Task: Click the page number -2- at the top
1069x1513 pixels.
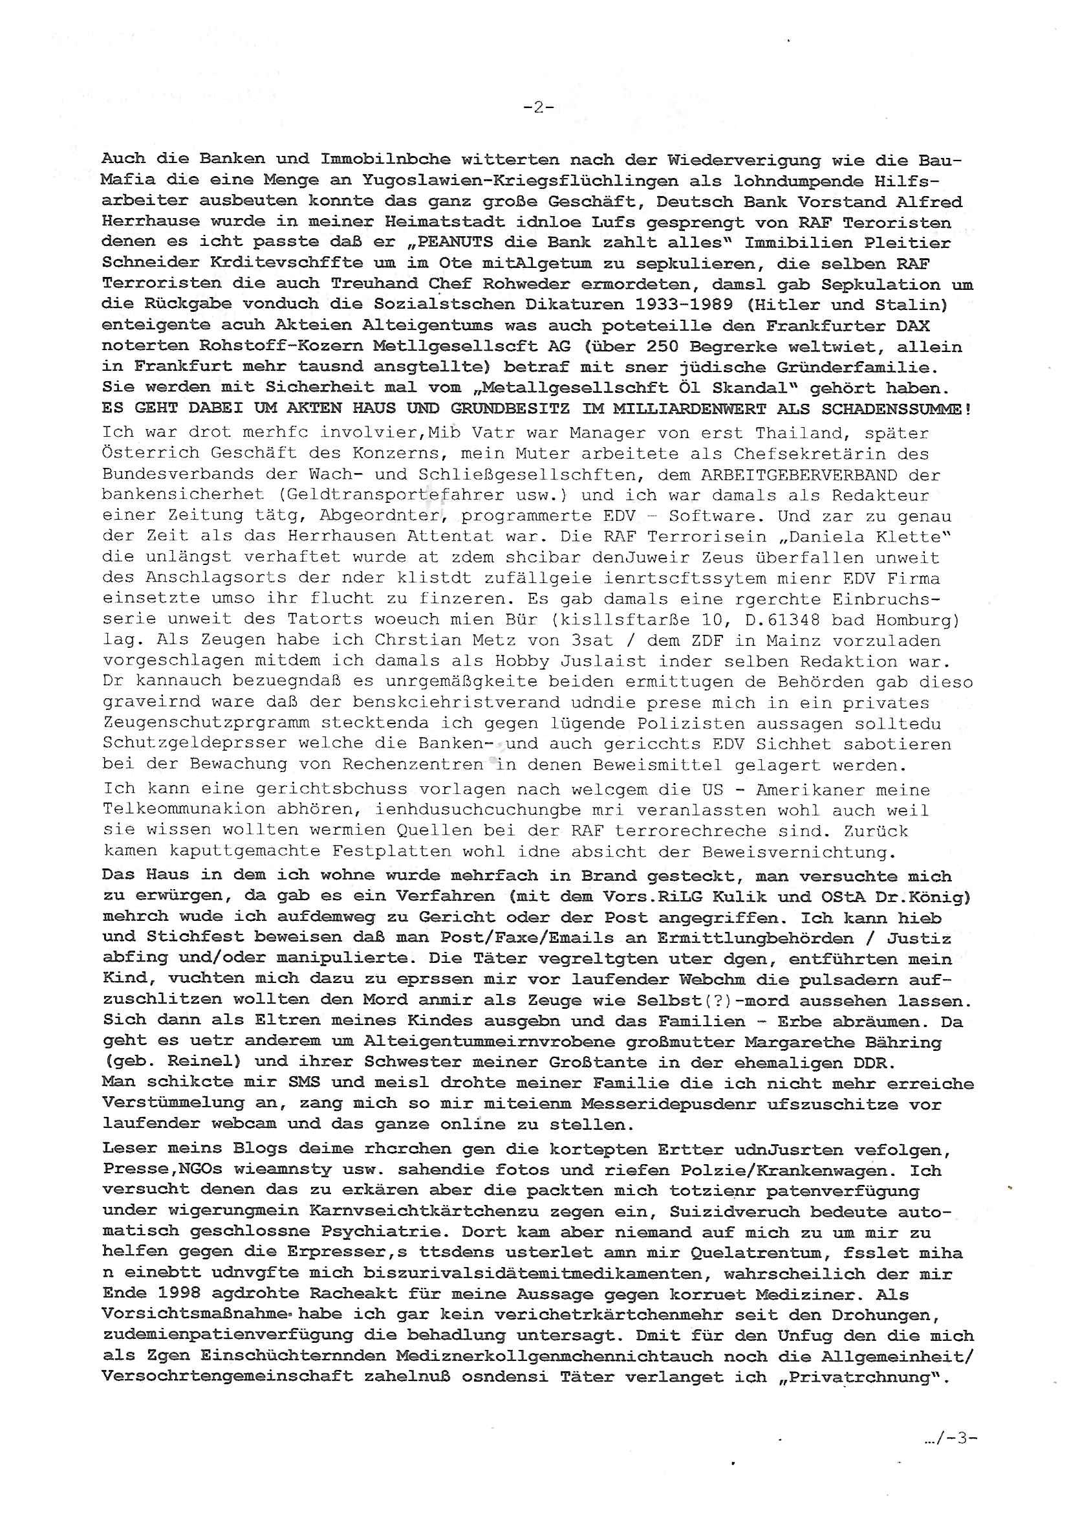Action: pyautogui.click(x=538, y=107)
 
